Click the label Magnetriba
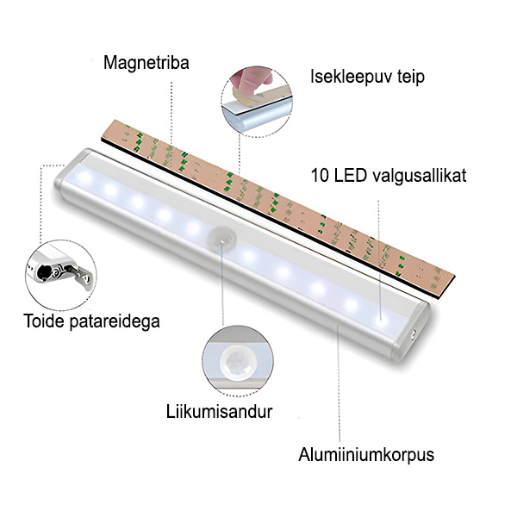[x=146, y=63]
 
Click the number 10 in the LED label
[x=321, y=176]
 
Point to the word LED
[x=350, y=176]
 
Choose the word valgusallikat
[x=420, y=176]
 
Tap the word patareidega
[x=115, y=321]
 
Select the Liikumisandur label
[x=219, y=412]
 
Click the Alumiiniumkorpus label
[x=366, y=455]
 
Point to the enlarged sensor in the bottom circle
[x=238, y=362]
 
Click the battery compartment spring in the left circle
[x=54, y=272]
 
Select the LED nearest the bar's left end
[x=84, y=177]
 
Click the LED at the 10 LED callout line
[x=381, y=320]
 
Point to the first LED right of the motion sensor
[x=249, y=255]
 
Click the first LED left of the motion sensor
[x=193, y=227]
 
